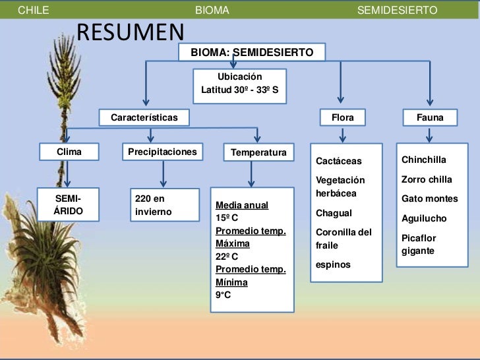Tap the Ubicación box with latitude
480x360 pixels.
point(239,83)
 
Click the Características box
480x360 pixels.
point(144,118)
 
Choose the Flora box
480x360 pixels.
point(342,118)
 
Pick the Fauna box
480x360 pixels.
point(430,118)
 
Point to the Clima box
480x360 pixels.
point(69,152)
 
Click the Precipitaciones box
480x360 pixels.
point(162,152)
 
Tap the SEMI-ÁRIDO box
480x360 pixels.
point(69,206)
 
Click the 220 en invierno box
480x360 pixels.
point(163,205)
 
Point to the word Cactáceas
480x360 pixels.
point(339,162)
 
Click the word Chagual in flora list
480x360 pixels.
point(334,214)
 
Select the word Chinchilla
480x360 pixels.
point(423,160)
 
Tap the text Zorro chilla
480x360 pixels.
point(427,179)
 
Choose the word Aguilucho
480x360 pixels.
point(424,218)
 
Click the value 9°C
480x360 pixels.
point(223,295)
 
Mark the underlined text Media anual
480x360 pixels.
point(242,205)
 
